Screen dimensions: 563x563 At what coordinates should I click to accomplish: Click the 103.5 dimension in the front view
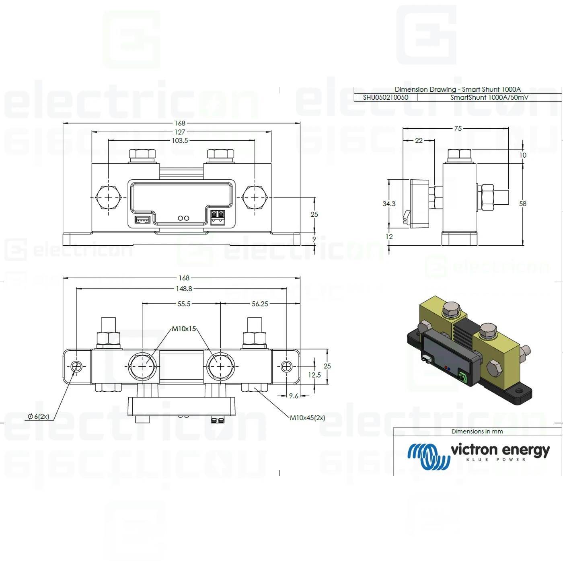coord(180,141)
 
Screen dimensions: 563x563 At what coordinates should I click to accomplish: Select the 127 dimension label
coord(180,132)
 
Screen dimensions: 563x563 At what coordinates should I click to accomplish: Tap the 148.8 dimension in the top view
coord(184,289)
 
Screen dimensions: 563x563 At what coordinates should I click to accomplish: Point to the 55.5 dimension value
coord(184,304)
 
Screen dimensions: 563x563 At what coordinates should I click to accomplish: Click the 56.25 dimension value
coord(260,304)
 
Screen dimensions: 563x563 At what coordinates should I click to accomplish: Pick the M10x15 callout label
coord(184,329)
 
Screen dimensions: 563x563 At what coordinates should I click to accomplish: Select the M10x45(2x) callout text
coord(307,418)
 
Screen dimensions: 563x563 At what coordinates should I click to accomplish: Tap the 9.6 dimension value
coord(294,396)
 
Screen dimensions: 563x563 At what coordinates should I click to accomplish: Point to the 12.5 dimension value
coord(314,375)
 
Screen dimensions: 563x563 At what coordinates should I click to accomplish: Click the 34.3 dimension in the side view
coord(389,204)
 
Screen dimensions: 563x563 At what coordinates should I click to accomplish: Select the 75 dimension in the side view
coord(458,129)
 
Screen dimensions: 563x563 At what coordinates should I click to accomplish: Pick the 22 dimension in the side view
coord(419,141)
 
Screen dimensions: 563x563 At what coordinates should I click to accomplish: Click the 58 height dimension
coord(523,204)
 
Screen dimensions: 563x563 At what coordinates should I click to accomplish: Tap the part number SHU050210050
coord(385,97)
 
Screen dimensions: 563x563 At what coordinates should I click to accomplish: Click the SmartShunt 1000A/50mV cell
coord(489,97)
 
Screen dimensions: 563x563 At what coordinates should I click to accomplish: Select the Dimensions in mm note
coord(477,431)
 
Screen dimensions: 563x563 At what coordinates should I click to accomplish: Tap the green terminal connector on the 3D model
coord(463,377)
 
